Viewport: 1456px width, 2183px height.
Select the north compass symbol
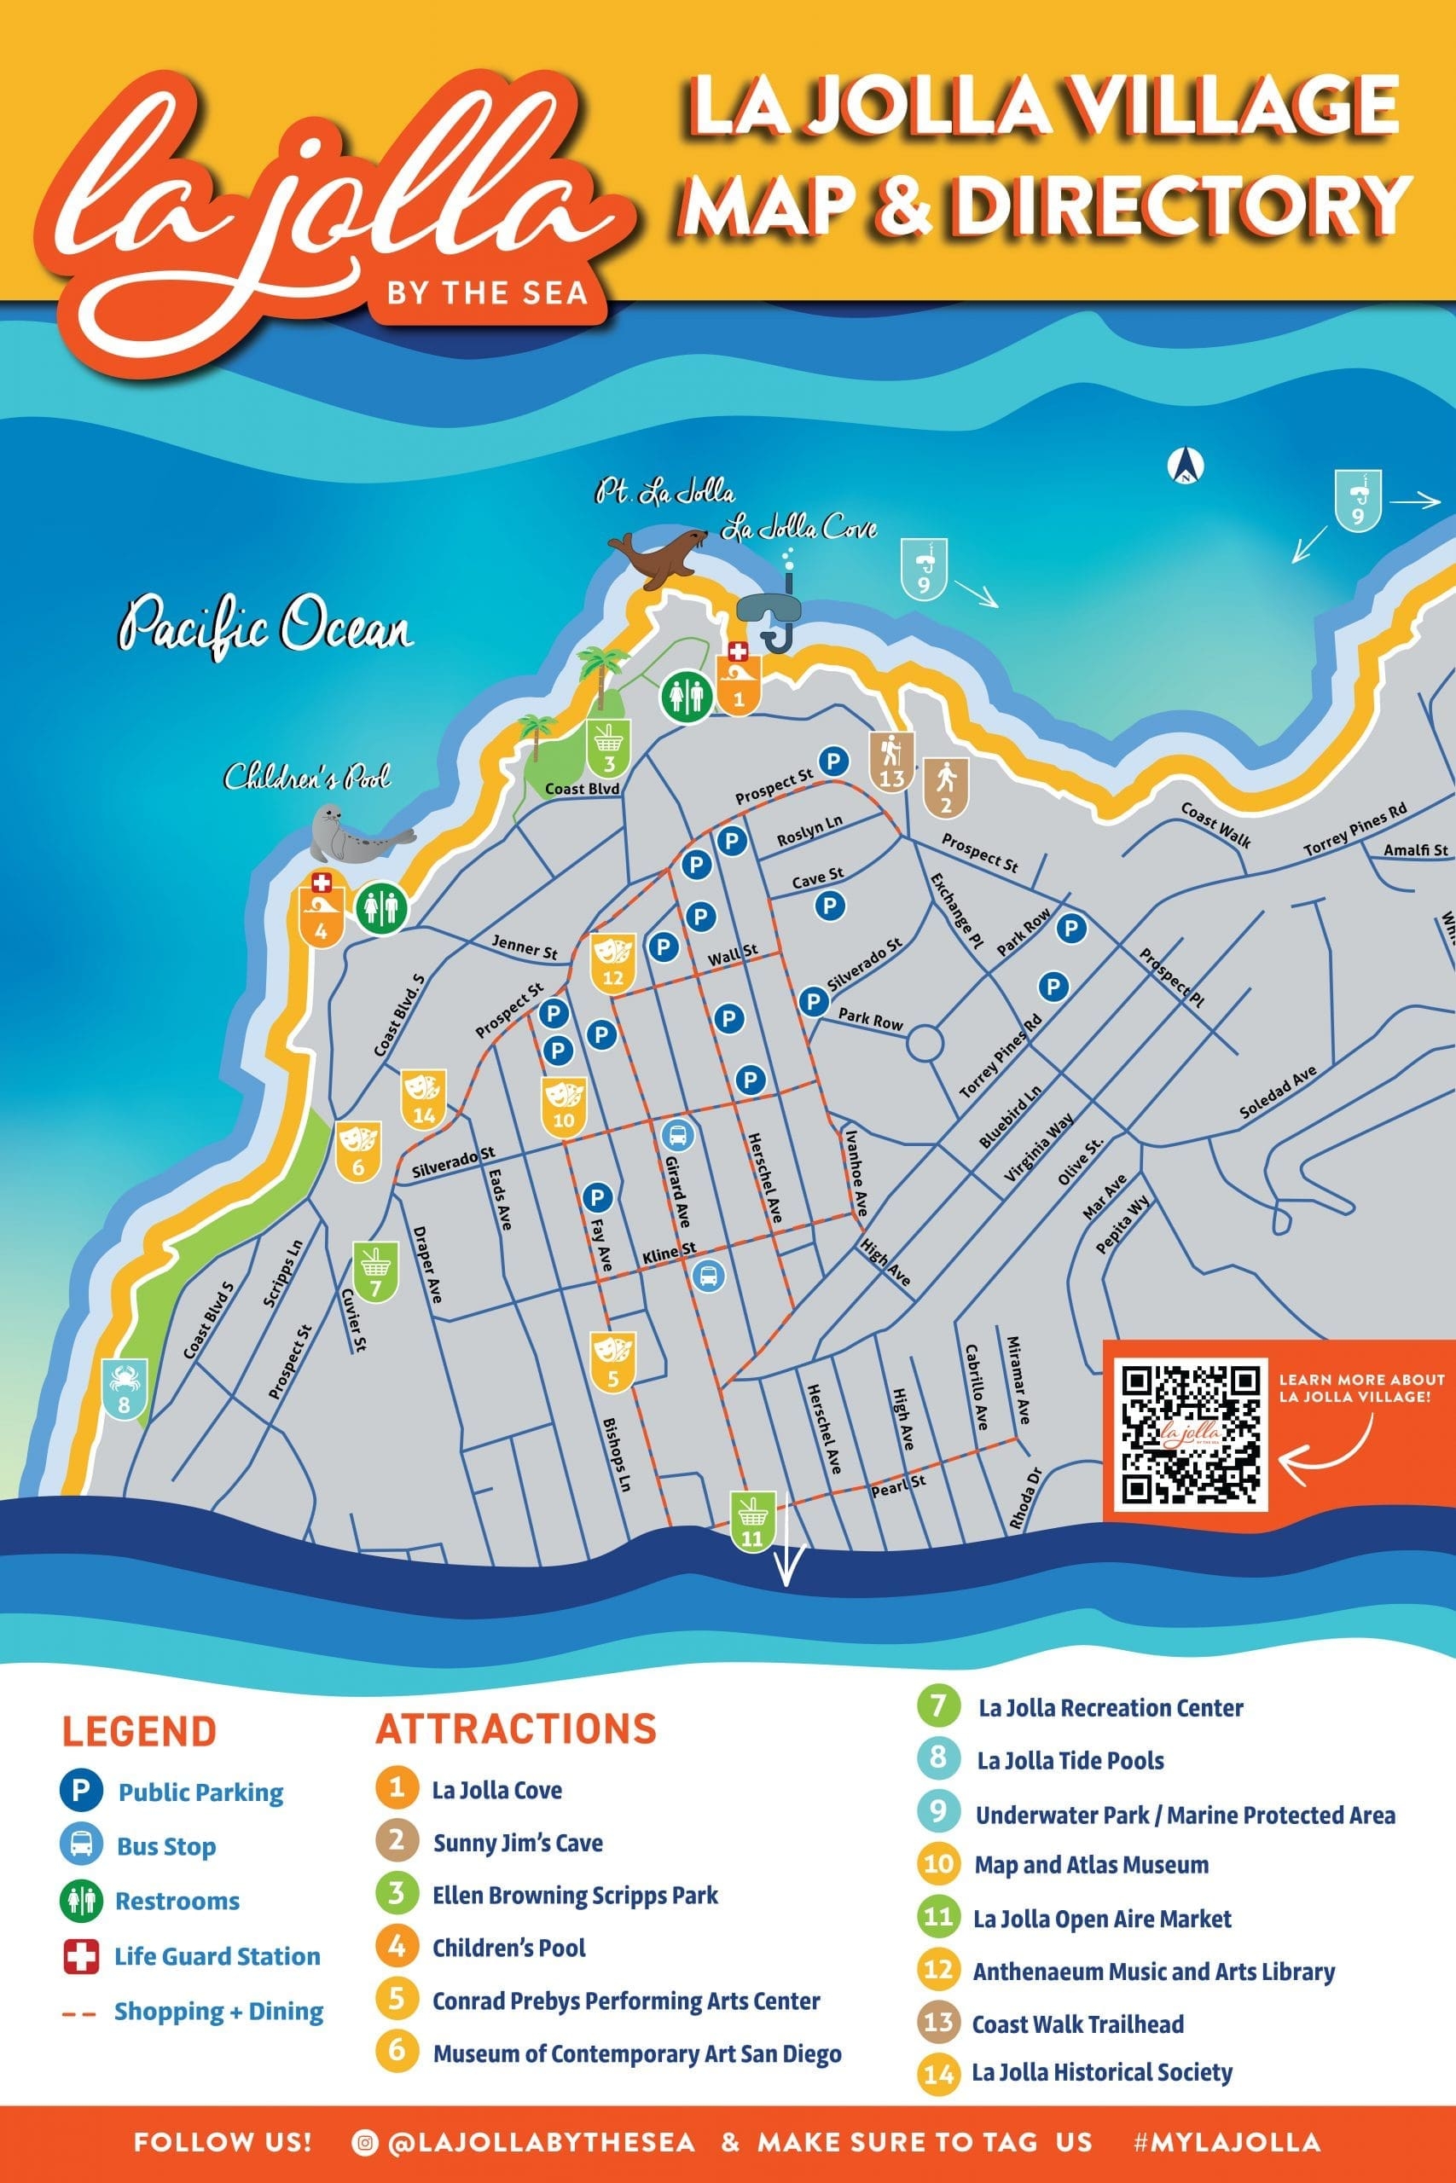click(1185, 465)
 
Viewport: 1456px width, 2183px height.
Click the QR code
click(1191, 1435)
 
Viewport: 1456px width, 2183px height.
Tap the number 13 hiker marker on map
click(891, 762)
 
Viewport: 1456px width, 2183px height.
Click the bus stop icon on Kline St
click(709, 1277)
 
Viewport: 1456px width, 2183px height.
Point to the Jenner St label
click(525, 947)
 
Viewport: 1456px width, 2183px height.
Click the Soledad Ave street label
click(1279, 1091)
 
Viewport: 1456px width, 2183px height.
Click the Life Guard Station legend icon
click(81, 1956)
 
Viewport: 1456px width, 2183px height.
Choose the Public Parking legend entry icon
click(81, 1792)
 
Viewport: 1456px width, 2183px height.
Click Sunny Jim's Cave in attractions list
click(517, 1844)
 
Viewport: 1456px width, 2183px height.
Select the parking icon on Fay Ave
click(597, 1197)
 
